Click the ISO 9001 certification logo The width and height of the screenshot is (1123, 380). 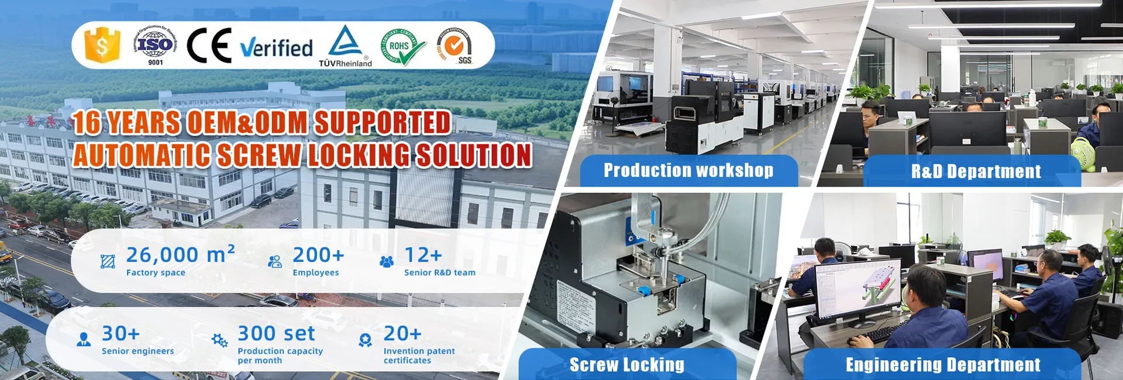pos(154,46)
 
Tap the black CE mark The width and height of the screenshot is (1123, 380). pos(209,45)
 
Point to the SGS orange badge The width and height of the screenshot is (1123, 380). pos(456,46)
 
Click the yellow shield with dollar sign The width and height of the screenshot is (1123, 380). pos(102,45)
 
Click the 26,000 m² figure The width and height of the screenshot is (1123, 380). pos(180,255)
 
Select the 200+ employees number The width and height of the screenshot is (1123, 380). pos(318,255)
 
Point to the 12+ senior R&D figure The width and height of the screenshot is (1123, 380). pos(423,255)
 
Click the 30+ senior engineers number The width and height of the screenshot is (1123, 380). pos(120,333)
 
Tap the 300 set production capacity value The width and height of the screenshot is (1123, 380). pos(276,333)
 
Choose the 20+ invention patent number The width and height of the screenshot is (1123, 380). pos(402,333)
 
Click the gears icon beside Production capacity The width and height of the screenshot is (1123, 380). pos(220,340)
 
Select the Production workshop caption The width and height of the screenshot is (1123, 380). pos(688,170)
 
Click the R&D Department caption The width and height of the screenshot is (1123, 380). pos(976,171)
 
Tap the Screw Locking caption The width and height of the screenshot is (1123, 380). pos(626,365)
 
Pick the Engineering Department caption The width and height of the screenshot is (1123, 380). pos(943,365)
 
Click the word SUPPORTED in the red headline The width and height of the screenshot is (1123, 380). pos(383,123)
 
